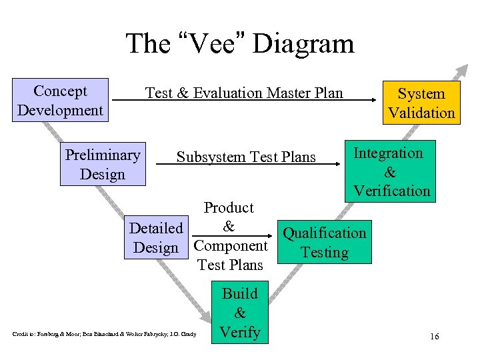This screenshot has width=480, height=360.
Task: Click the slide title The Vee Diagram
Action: tap(240, 44)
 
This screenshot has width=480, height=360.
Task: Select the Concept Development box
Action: tap(60, 101)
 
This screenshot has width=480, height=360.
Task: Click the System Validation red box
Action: tap(421, 103)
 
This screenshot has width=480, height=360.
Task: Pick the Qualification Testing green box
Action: tap(324, 243)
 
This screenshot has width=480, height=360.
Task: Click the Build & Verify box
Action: tap(240, 313)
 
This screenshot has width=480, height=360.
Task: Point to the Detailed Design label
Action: tap(156, 238)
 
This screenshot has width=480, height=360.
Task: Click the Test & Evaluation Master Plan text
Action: tap(244, 93)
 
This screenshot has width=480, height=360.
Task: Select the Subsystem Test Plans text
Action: tap(246, 157)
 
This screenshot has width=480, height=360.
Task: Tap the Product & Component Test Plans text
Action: tap(229, 237)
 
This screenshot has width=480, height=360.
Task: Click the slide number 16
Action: tap(434, 337)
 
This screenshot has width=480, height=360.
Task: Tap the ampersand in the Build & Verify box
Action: tap(240, 313)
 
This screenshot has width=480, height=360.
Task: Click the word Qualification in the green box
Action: tap(324, 233)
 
